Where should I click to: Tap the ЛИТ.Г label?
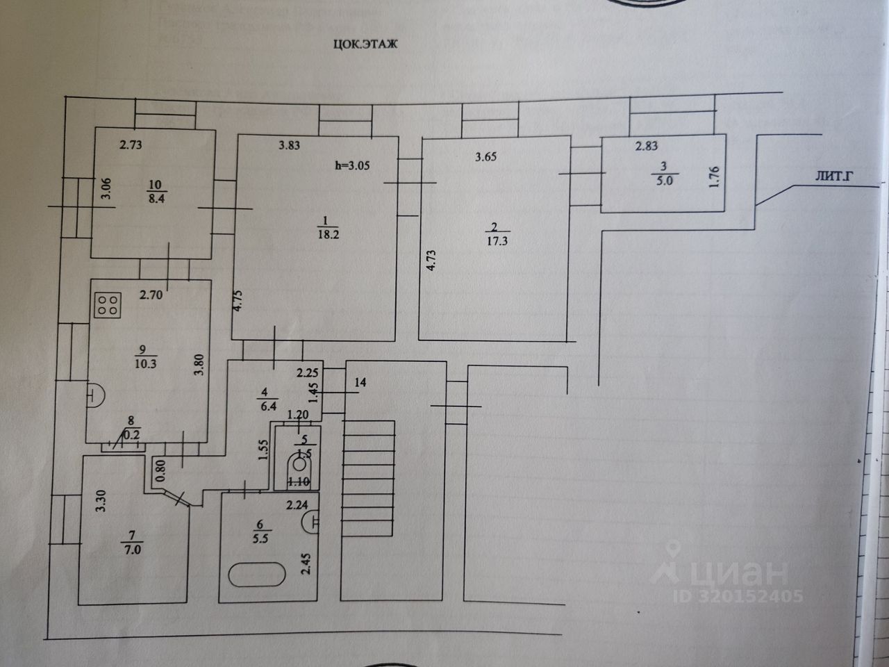tap(834, 177)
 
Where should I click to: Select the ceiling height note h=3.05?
tap(353, 165)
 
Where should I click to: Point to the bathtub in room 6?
tap(257, 575)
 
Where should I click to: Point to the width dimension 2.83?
tap(646, 146)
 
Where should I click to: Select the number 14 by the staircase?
tap(360, 382)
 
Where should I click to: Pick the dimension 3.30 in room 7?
tap(101, 502)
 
